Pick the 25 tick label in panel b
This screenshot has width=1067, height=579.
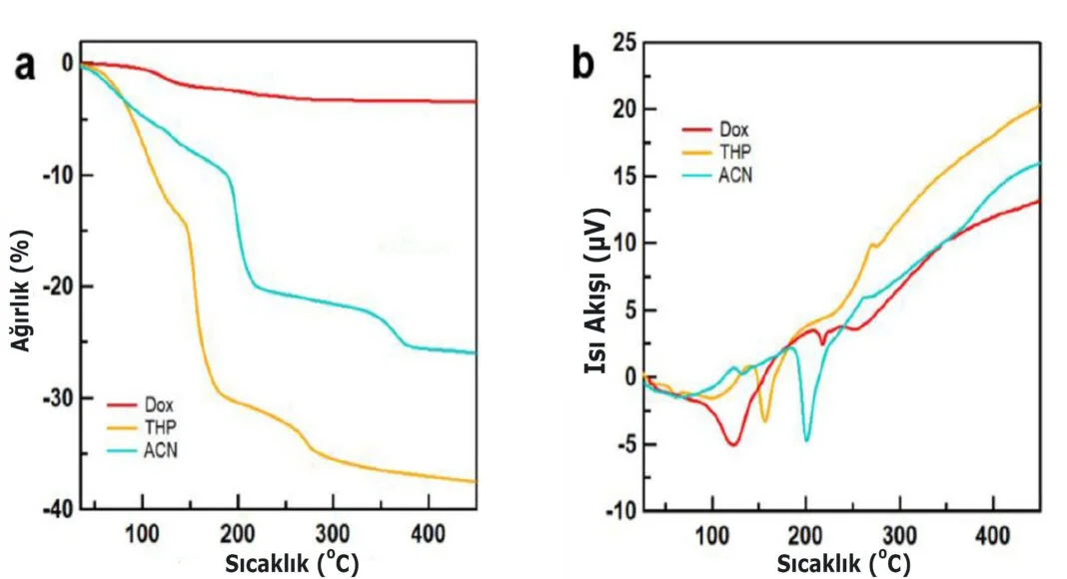coord(624,43)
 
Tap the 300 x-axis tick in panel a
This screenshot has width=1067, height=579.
coord(333,530)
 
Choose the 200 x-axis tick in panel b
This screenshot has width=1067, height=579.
coord(806,530)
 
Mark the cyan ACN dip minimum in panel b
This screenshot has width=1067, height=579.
coord(806,439)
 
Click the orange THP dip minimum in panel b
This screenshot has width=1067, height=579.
coord(765,420)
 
